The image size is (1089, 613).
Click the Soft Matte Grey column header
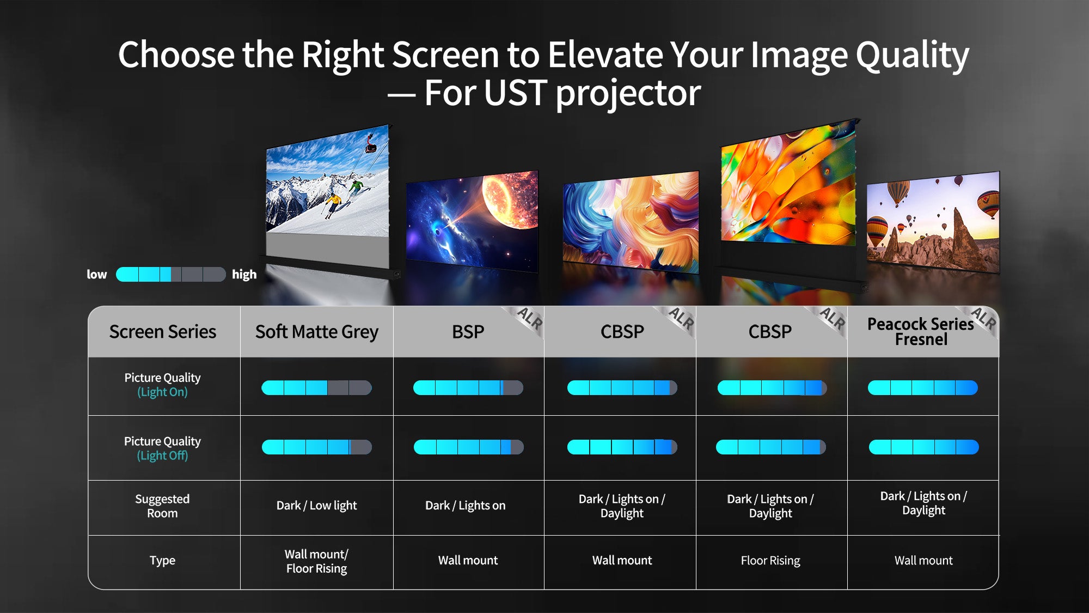tap(317, 332)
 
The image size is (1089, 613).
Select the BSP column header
tap(468, 332)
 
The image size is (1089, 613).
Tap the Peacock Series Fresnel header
tap(921, 331)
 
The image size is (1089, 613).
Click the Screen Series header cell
tap(163, 332)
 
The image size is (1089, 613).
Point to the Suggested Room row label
tap(162, 506)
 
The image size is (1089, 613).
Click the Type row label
tap(162, 561)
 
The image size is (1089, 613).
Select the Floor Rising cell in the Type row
tap(770, 561)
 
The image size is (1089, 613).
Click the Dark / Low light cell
tap(317, 506)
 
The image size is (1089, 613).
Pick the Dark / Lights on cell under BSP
tap(466, 506)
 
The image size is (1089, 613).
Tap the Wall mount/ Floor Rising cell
tap(317, 561)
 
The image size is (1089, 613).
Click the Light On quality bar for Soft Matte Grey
tap(317, 388)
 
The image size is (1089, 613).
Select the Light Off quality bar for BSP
tap(469, 447)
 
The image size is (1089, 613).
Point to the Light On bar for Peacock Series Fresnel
tap(923, 388)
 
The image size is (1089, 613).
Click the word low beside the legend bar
tap(97, 275)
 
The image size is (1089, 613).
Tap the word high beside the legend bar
tap(244, 275)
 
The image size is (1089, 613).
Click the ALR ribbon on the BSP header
tap(526, 321)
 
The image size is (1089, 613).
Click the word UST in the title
tap(515, 93)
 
